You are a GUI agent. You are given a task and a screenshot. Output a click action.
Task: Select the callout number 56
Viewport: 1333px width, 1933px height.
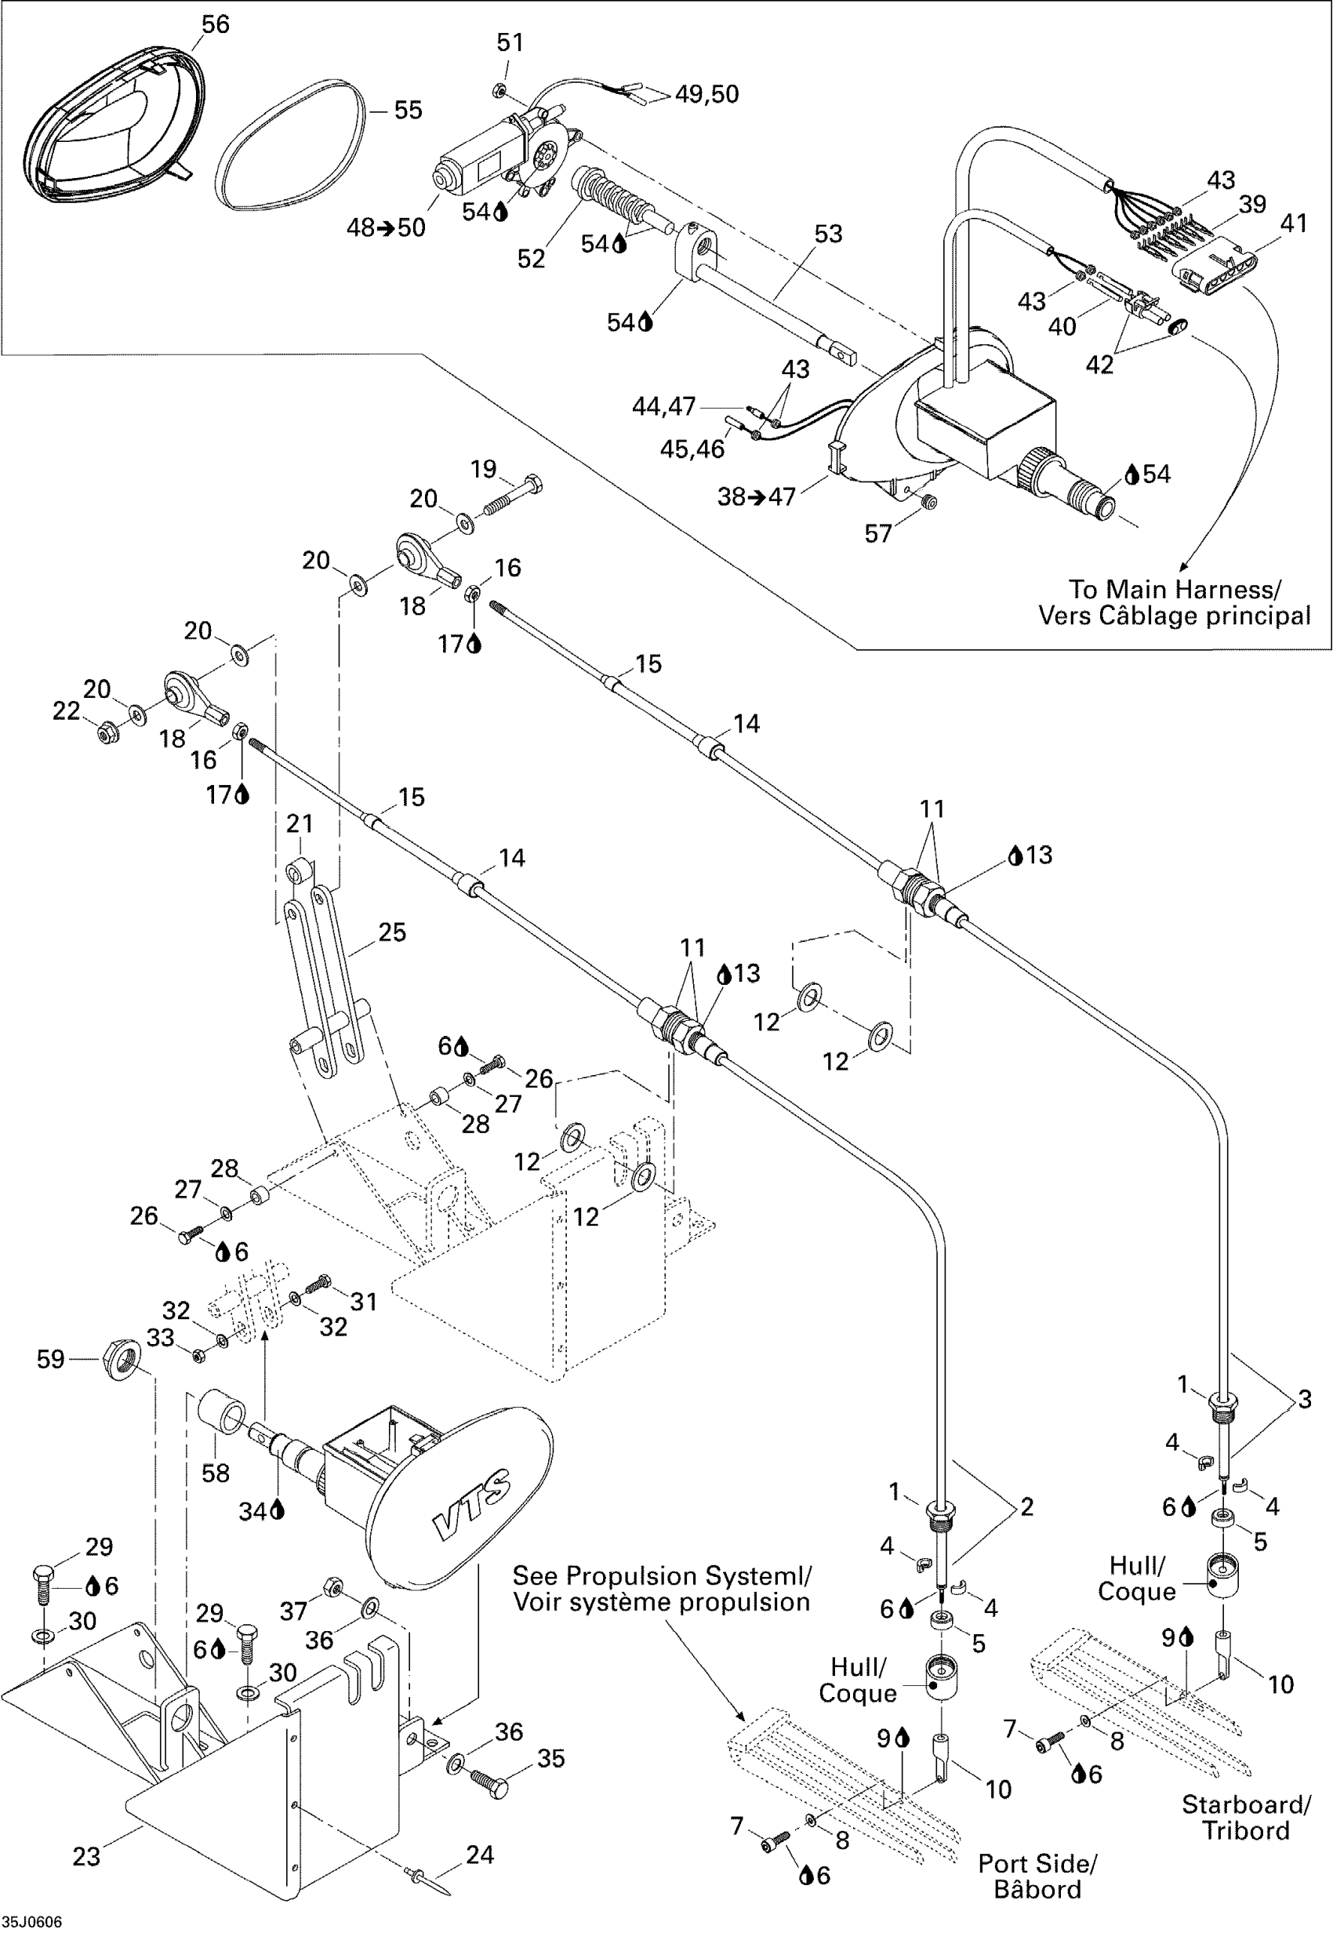click(216, 24)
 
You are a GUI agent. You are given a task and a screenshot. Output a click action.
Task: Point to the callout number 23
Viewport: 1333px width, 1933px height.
click(87, 1856)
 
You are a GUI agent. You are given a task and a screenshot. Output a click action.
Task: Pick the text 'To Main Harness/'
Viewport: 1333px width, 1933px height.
click(1175, 590)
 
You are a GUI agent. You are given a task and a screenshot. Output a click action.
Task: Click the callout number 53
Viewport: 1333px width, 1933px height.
click(828, 234)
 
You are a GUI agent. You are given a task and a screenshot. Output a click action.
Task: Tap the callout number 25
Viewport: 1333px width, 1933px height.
click(392, 932)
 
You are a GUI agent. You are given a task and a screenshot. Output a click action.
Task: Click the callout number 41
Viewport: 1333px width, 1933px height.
click(1293, 223)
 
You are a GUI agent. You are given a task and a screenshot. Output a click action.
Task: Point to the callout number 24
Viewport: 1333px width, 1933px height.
click(479, 1855)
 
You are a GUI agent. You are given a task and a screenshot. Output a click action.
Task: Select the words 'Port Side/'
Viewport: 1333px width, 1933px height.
click(1037, 1864)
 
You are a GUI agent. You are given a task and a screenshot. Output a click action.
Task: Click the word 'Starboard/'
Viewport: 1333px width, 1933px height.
click(1246, 1804)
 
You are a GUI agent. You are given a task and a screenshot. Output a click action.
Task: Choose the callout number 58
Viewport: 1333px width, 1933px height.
click(216, 1473)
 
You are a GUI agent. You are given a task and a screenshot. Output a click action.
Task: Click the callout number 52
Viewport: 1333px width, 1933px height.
click(531, 259)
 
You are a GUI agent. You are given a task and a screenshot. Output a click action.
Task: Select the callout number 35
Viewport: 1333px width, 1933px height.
click(551, 1758)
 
